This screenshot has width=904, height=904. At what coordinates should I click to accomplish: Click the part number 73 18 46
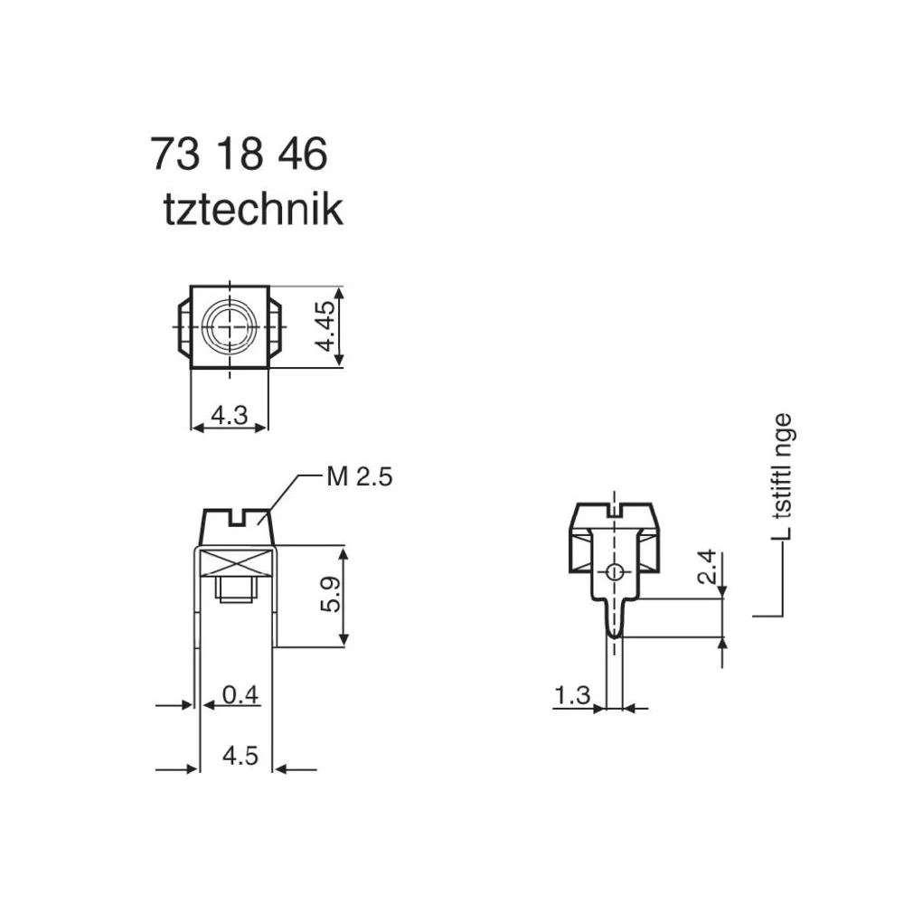239,155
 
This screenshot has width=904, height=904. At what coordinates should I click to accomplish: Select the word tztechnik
253,210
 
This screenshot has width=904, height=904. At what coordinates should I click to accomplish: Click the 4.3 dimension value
229,415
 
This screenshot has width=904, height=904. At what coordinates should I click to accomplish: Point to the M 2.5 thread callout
359,477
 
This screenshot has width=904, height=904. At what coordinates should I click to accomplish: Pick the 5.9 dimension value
331,596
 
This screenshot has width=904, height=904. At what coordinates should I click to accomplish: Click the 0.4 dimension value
240,694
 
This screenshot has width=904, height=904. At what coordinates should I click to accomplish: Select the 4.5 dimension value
240,756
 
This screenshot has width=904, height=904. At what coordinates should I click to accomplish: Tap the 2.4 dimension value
709,567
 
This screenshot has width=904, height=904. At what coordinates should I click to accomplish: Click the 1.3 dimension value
572,695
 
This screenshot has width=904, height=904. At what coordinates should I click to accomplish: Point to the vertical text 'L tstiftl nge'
782,476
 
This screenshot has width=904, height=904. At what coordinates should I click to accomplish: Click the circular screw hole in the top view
231,326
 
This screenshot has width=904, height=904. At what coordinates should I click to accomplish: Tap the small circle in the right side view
614,571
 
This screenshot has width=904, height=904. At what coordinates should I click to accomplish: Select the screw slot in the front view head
236,518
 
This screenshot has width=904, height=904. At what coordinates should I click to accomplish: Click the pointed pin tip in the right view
614,636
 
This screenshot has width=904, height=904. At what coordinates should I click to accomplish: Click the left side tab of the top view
182,327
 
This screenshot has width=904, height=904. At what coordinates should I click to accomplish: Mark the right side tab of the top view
277,327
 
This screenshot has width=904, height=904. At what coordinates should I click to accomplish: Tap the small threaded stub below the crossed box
237,590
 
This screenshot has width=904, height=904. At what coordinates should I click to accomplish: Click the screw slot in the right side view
615,511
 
